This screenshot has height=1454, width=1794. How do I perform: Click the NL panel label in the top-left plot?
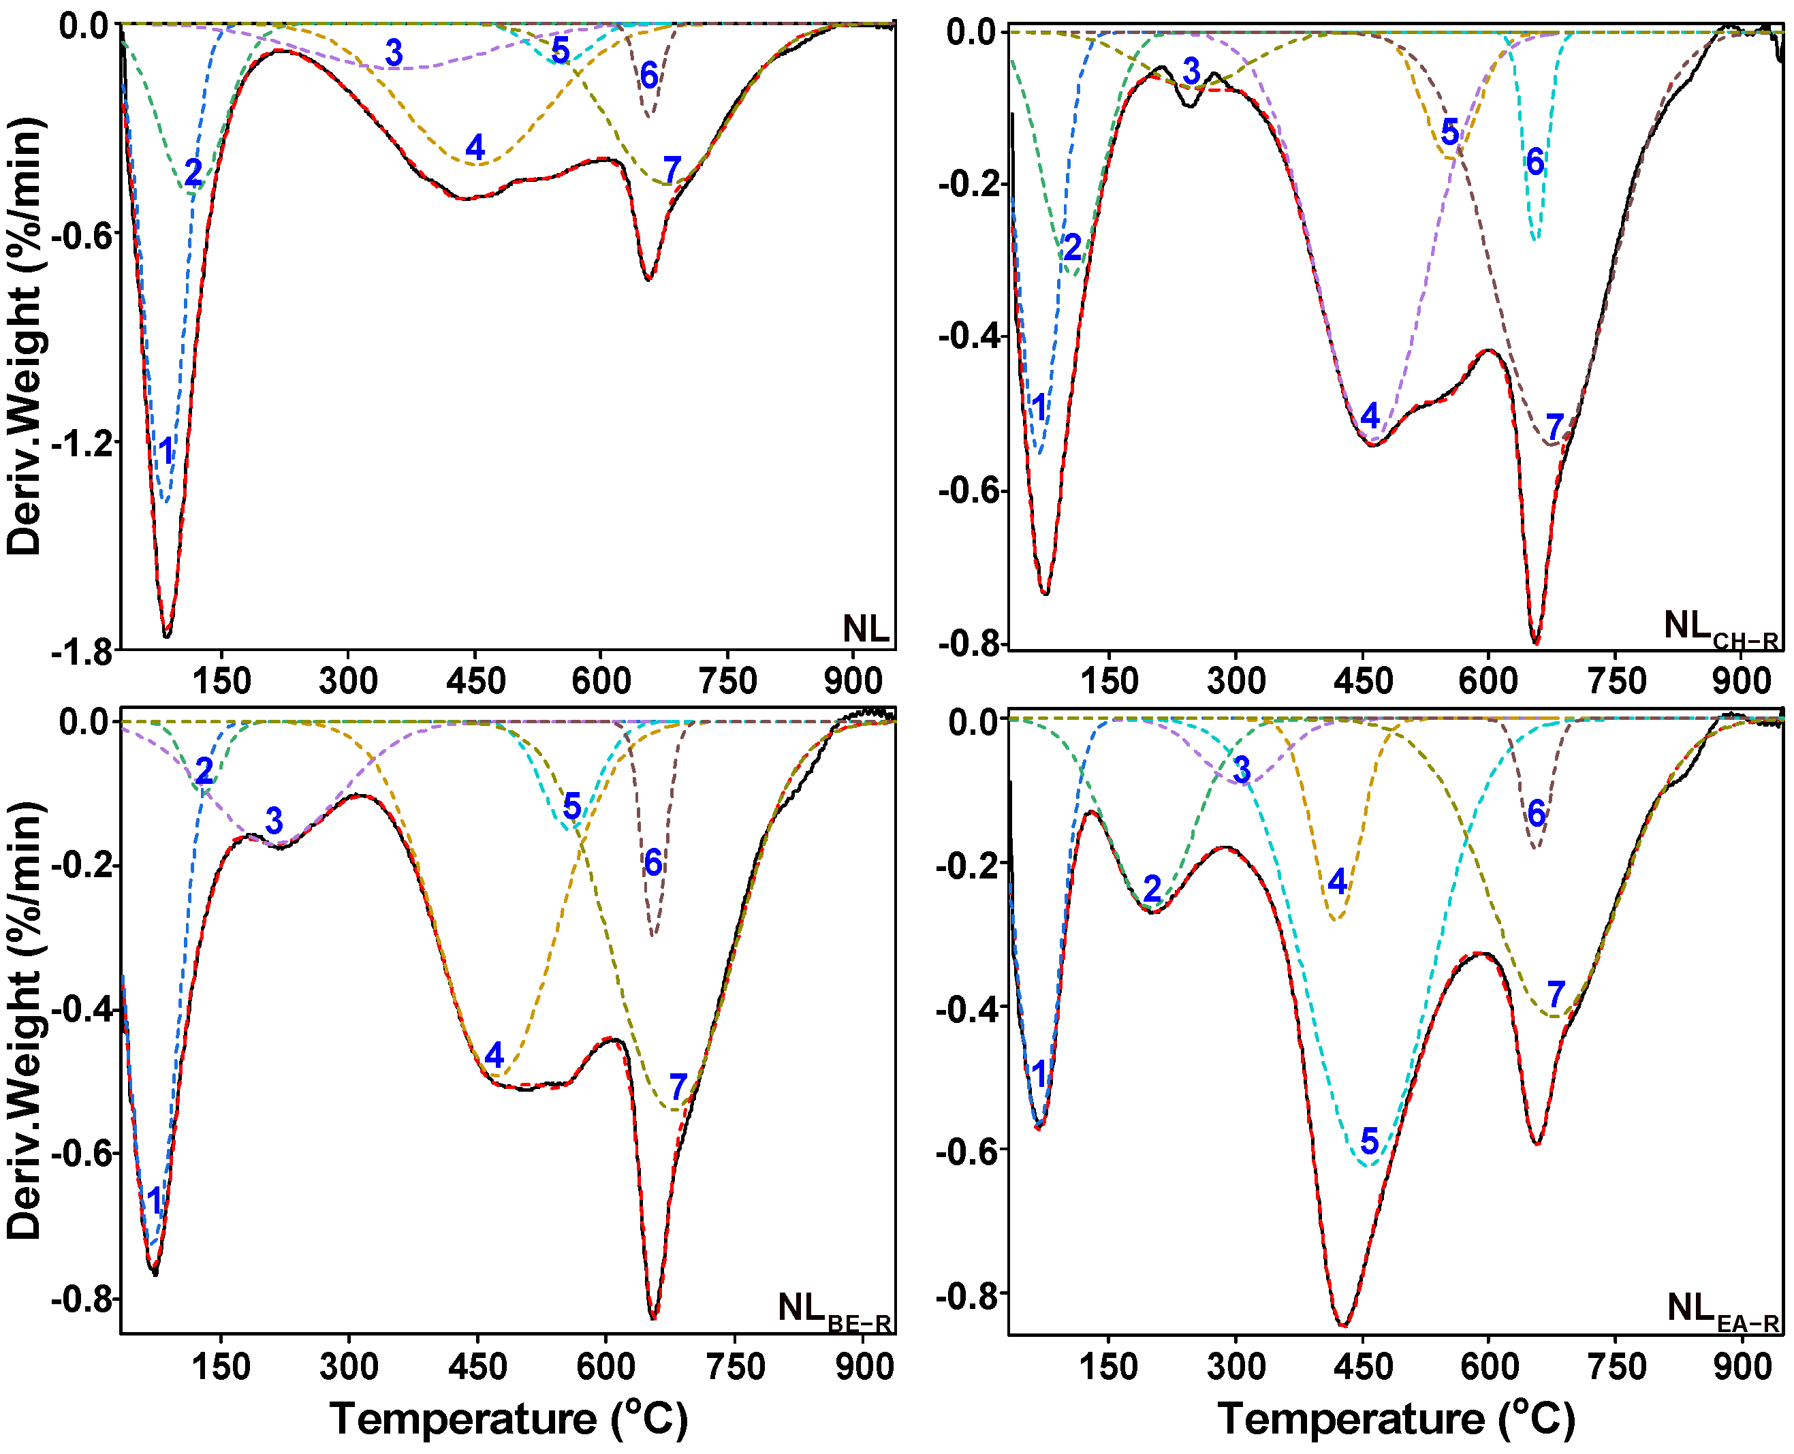tap(865, 628)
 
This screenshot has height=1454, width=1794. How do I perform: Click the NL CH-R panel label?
tap(1720, 628)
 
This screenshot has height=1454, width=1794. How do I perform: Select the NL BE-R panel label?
tap(834, 1311)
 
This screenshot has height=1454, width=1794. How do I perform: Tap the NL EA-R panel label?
tap(1722, 1311)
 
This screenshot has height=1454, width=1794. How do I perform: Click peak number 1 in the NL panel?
tap(167, 451)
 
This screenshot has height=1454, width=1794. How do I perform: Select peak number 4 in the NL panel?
tap(475, 147)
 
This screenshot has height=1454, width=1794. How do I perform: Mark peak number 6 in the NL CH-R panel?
tap(1535, 161)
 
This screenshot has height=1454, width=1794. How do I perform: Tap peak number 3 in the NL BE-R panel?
tap(274, 821)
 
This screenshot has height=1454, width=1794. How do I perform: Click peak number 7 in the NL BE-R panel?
tap(678, 1087)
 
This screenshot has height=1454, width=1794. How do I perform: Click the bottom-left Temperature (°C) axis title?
tap(508, 1419)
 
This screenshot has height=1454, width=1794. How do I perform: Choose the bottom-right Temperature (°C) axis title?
tap(1396, 1419)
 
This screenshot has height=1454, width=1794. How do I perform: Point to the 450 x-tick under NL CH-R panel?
tap(1363, 680)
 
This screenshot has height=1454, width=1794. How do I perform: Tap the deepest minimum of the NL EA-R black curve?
tap(1343, 1325)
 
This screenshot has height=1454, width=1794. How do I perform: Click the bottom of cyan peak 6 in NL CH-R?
tap(1535, 240)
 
